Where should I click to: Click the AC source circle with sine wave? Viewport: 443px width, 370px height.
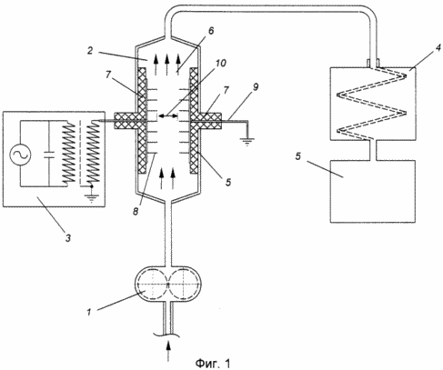(x=21, y=155)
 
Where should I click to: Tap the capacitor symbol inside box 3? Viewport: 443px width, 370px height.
(x=48, y=155)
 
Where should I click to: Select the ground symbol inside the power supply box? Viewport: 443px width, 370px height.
(x=90, y=198)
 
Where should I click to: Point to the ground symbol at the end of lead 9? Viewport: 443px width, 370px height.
(x=247, y=142)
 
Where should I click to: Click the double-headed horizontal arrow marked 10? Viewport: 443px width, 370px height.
(x=167, y=115)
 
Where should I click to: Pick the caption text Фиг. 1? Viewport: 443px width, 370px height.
(x=213, y=363)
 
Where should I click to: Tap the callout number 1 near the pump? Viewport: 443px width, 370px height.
(x=89, y=312)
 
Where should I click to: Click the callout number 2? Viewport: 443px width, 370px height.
(x=90, y=51)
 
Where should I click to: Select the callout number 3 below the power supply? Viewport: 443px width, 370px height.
(x=68, y=238)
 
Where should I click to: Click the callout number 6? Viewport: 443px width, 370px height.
(x=211, y=31)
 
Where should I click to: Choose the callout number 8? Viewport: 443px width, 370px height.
(x=136, y=211)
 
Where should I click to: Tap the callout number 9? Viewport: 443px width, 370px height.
(x=256, y=87)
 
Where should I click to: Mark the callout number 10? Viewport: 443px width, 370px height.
(x=220, y=63)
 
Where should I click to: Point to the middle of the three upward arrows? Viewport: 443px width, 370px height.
(x=166, y=65)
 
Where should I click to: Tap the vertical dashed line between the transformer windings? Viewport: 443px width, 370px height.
(x=80, y=153)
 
